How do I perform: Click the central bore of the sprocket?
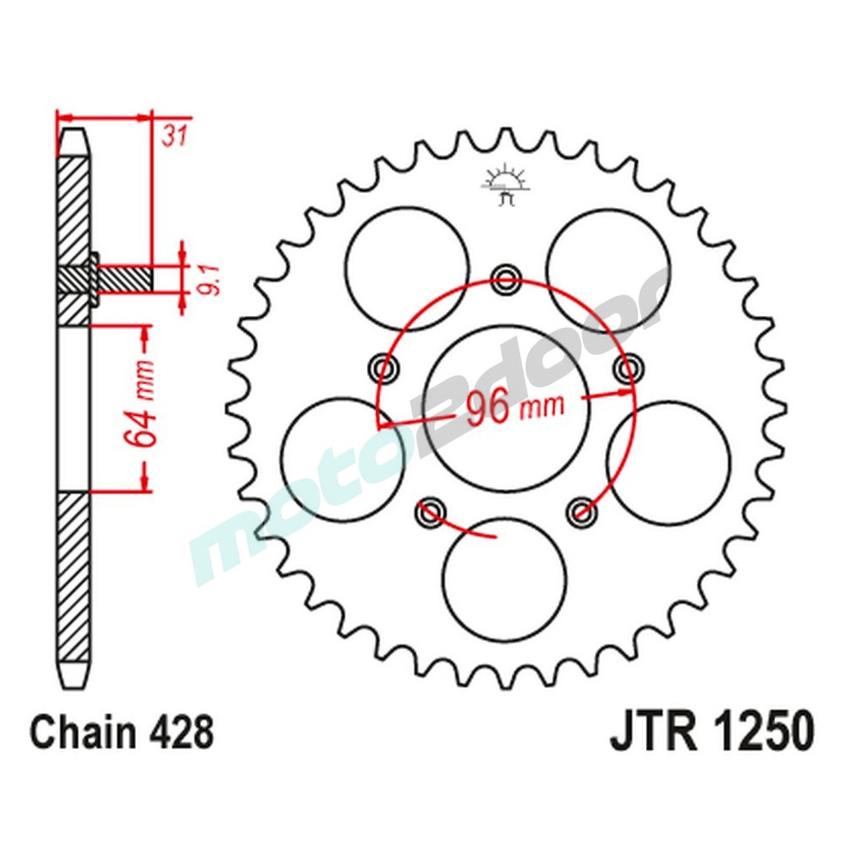[x=506, y=408]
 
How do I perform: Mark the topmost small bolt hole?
[x=507, y=277]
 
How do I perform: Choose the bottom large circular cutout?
[x=504, y=580]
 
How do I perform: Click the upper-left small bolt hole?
[x=385, y=368]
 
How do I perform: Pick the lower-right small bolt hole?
[x=582, y=509]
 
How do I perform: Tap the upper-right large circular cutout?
[x=607, y=269]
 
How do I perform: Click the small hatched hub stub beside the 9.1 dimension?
[x=124, y=278]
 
